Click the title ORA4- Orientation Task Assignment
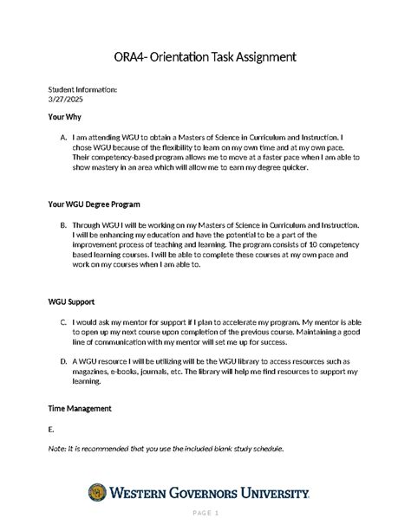[205, 56]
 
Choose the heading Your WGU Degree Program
[95, 204]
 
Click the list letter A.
[63, 137]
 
